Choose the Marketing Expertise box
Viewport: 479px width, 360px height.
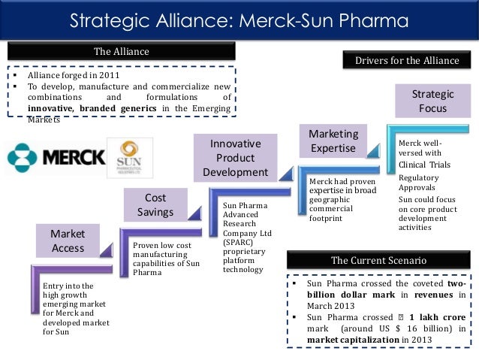(333, 141)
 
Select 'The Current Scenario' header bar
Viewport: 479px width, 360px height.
(379, 260)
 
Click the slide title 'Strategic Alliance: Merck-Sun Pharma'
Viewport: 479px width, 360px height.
(239, 20)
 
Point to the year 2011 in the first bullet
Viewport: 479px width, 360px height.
(107, 76)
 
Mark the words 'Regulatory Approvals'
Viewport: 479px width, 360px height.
(420, 183)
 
